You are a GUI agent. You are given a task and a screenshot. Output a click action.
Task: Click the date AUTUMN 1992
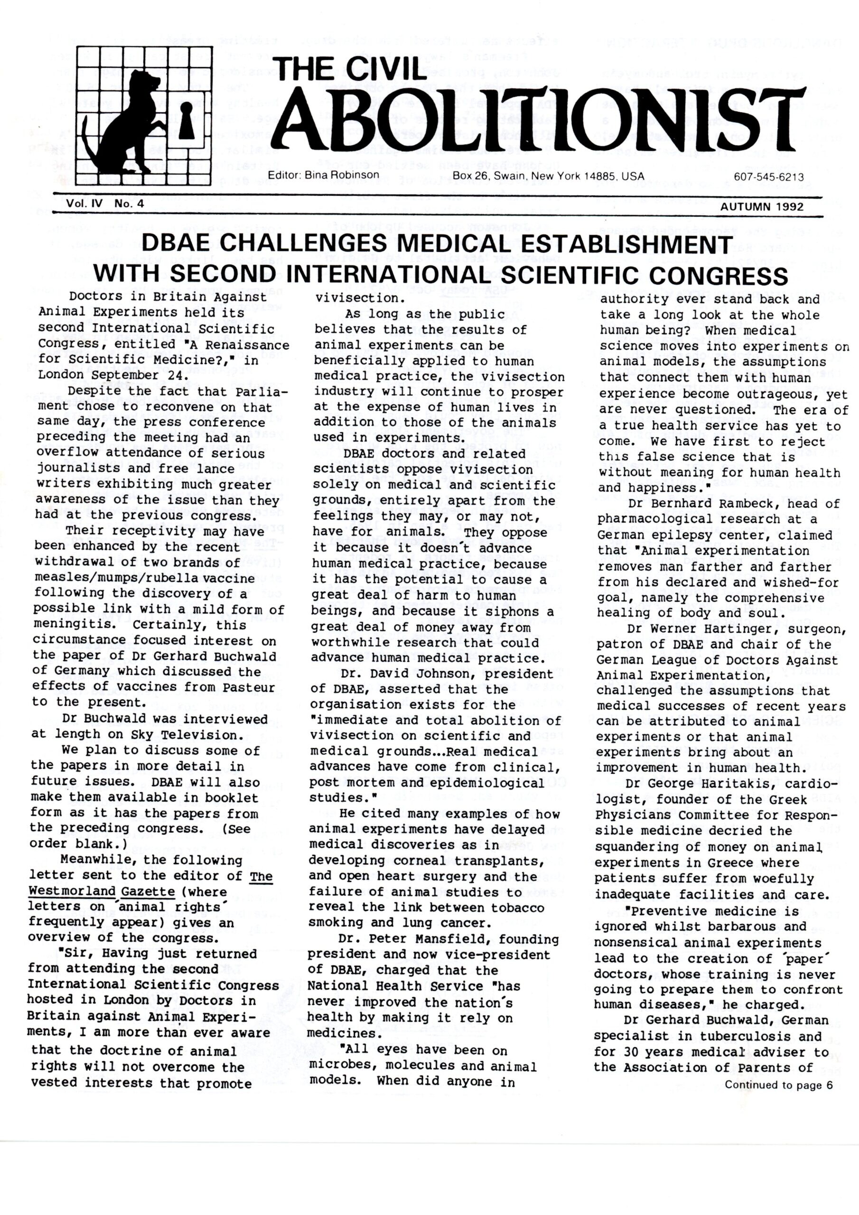(762, 207)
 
